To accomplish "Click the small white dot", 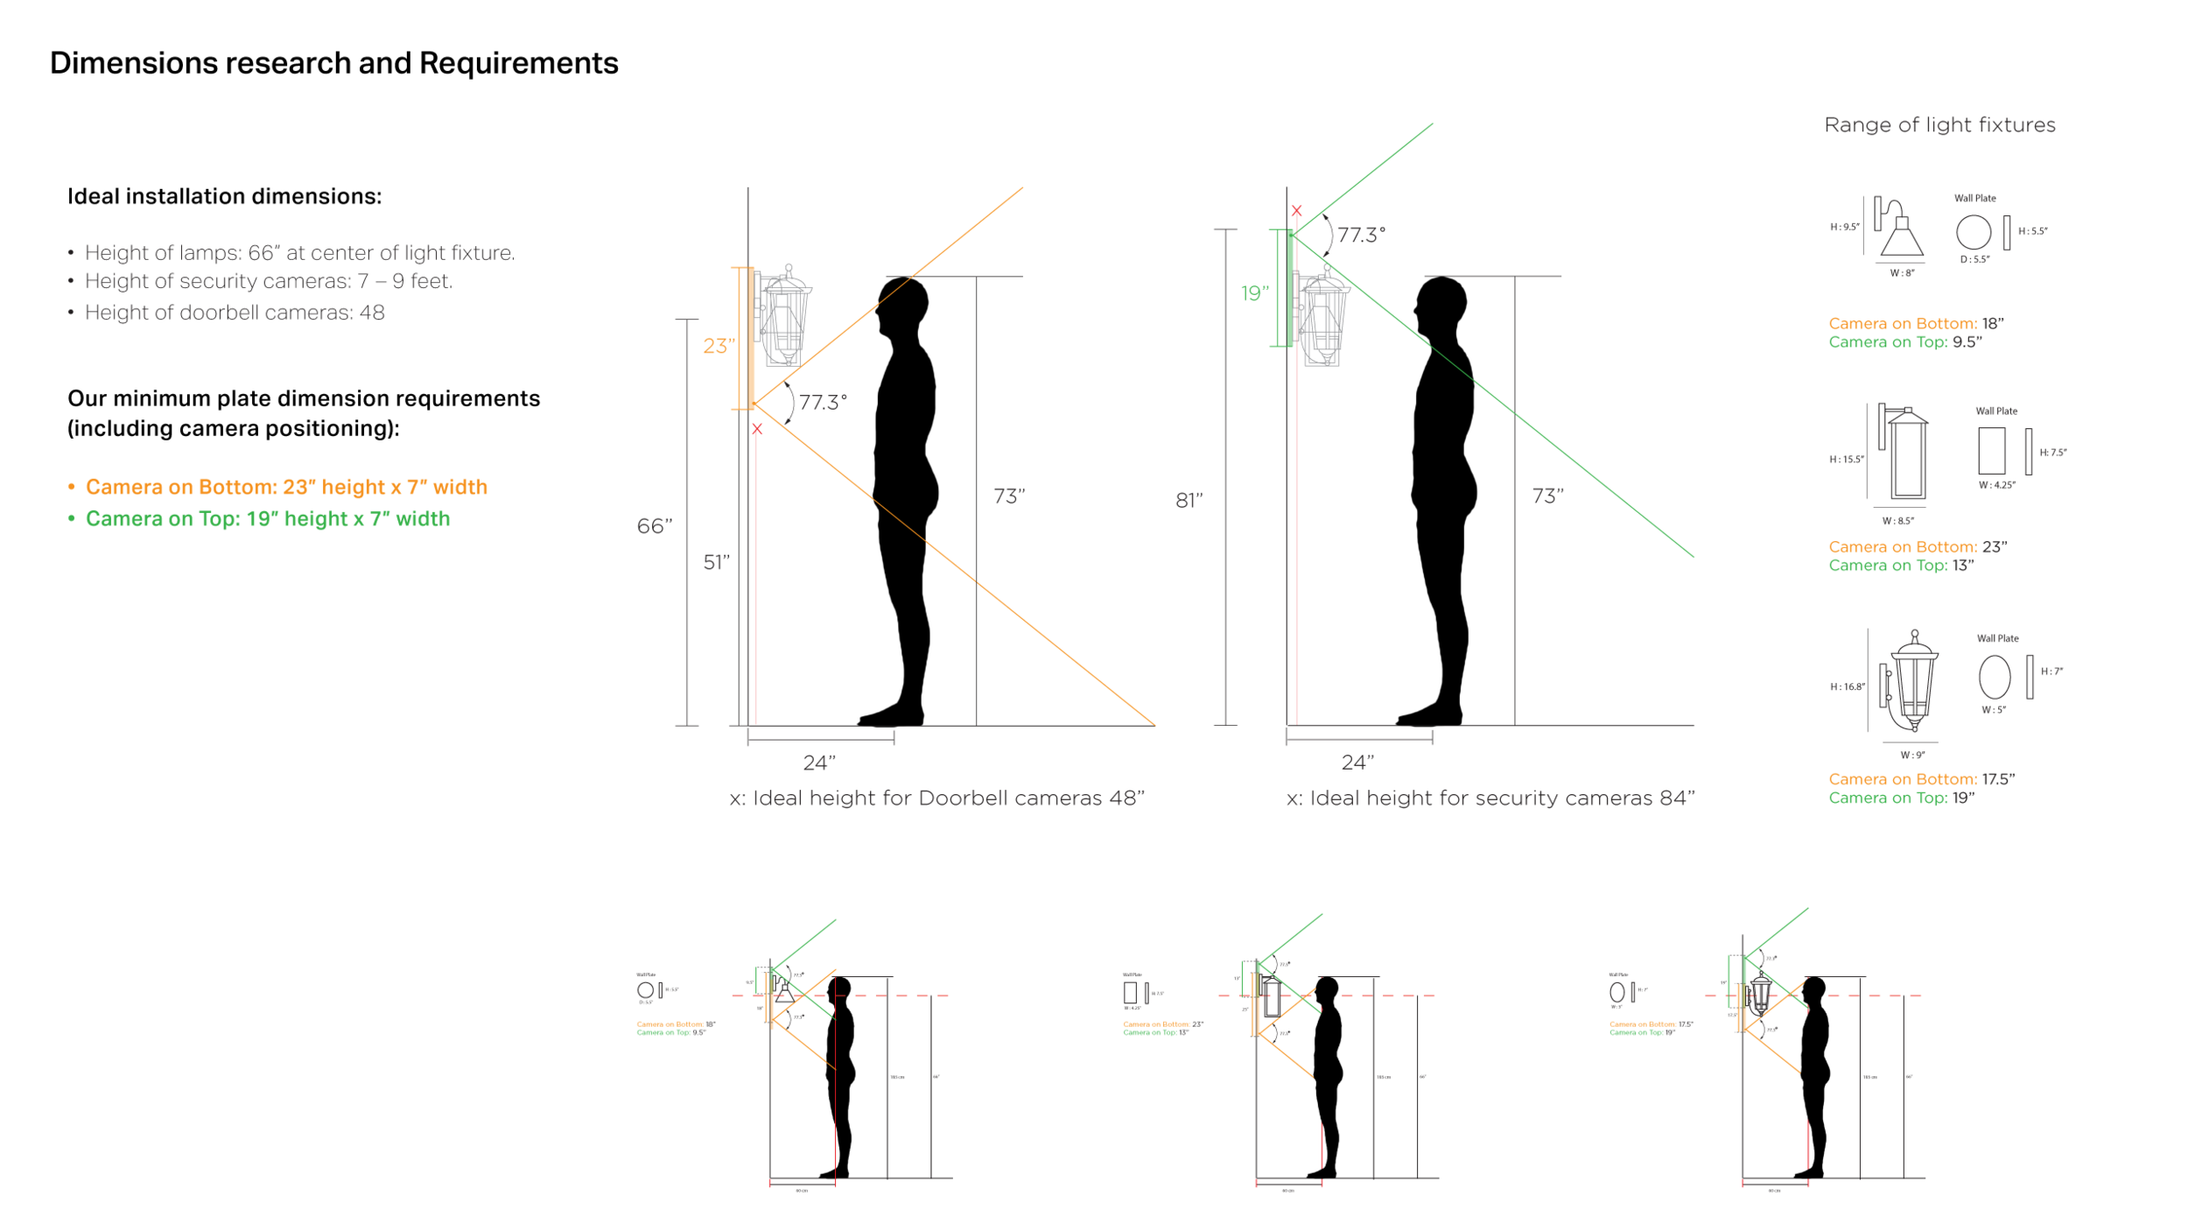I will (x=1889, y=698).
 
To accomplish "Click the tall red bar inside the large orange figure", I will (x=764, y=573).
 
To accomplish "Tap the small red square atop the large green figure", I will (x=1301, y=215).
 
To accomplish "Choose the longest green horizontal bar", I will (x=350, y=522).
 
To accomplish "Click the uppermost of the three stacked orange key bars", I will (x=1905, y=326).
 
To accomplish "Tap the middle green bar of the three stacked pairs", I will (x=1890, y=573).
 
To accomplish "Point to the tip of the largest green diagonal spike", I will (x=1433, y=123).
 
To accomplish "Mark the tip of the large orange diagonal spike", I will (x=1023, y=186).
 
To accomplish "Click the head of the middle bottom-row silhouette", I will (x=1329, y=988).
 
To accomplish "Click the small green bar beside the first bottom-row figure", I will (x=664, y=1033).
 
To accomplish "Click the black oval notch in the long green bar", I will (x=648, y=528).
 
